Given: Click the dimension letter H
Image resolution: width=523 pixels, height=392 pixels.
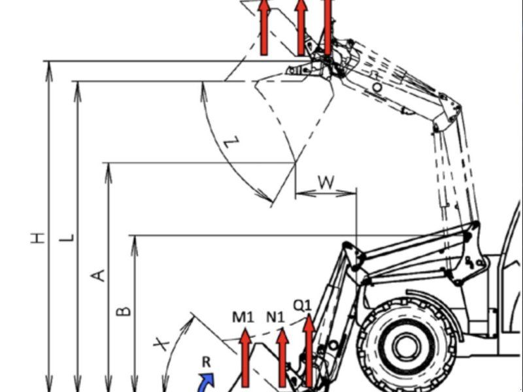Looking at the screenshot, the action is coord(38,238).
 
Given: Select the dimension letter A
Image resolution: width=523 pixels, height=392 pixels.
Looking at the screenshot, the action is coord(98,276).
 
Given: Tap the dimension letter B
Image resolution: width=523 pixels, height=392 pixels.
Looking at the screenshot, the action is coord(124,311).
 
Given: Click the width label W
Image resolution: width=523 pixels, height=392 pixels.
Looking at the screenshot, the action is coord(326,182).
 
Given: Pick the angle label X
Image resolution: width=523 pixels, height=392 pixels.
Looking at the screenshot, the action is coord(161,344).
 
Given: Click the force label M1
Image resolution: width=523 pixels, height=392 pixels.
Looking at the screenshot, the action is coord(243,317).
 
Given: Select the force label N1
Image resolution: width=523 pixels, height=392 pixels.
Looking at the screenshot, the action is coord(275,317).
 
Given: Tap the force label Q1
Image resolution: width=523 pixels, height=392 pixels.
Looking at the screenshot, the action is coord(302,305).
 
